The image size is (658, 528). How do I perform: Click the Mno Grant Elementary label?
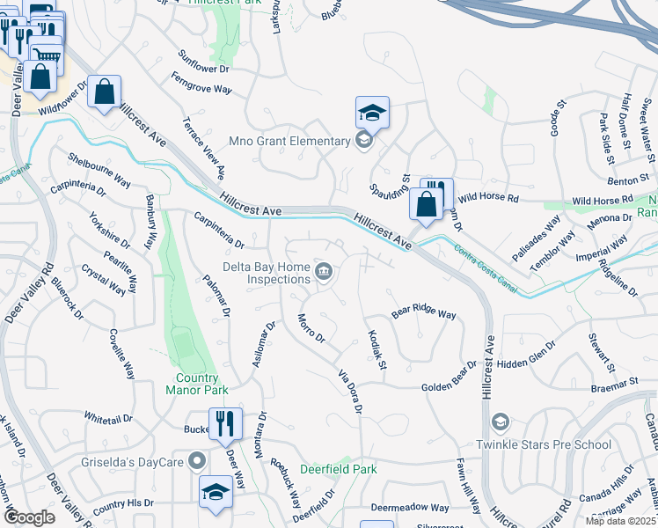coord(289,141)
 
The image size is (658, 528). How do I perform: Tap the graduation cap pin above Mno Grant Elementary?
coord(372,113)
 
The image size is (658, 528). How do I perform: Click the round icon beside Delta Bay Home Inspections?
coord(324,272)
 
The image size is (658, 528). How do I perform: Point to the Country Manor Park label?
coord(196,384)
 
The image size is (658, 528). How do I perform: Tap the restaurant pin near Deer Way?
coord(225,424)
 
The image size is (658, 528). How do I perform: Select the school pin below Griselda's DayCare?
coord(216,493)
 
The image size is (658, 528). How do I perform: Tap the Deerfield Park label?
coord(339,469)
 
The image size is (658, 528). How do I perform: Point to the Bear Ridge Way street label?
coord(424,314)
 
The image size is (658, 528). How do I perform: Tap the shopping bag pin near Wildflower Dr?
coord(104,92)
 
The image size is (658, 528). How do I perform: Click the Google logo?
coord(29,517)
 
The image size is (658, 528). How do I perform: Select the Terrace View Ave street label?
coord(203,150)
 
